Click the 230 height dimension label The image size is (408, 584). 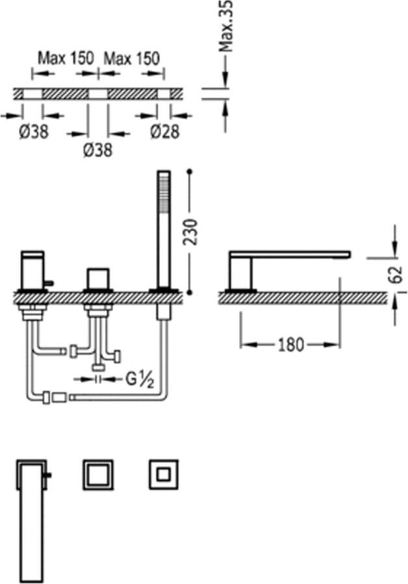pos(191,232)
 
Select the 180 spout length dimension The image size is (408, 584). pos(291,345)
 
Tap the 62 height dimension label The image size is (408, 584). pos(397,274)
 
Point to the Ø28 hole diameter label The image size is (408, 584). pos(165,132)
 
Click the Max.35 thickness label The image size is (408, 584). pos(226,26)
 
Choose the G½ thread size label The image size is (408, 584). pos(140,380)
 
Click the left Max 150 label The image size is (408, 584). pos(66,58)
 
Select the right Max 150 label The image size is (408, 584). pos(132,58)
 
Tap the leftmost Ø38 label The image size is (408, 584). pos(34,132)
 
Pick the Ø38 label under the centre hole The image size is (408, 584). pos(97,150)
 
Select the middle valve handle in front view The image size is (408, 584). pos(98,278)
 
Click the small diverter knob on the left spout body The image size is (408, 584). pos(49,284)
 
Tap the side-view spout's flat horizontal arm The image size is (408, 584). pos(290,255)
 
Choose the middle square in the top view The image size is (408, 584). pos(98,474)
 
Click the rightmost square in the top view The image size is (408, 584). pos(163,474)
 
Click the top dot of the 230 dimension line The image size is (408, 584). pos(190,172)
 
